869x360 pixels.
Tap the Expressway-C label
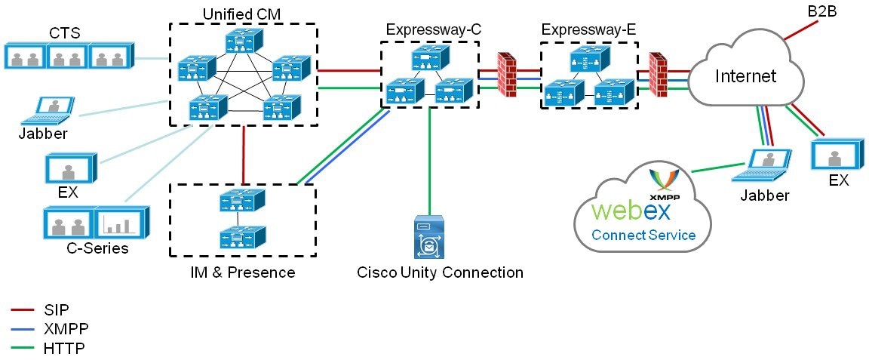(433, 29)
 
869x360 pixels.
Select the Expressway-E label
(588, 29)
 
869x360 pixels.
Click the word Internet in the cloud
(745, 75)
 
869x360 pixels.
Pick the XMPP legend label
(63, 328)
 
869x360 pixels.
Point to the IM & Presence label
(241, 271)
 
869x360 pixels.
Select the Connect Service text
(643, 235)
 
